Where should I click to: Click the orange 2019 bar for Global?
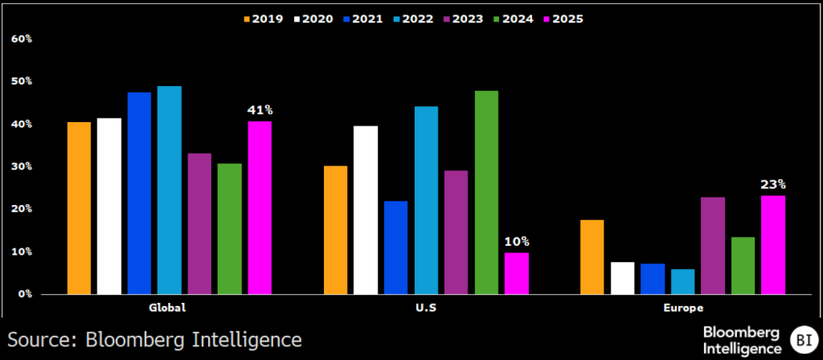click(79, 208)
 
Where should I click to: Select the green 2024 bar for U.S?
click(486, 192)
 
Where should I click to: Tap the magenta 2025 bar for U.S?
click(517, 273)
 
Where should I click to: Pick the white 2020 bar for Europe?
click(623, 278)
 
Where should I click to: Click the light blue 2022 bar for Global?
click(169, 190)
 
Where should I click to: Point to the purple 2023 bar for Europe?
click(713, 246)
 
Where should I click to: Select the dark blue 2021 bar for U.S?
click(395, 247)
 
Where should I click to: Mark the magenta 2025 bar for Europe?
click(773, 245)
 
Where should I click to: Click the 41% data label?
click(260, 110)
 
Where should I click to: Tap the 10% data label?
click(517, 242)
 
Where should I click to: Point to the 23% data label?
click(774, 185)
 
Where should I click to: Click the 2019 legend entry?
click(263, 19)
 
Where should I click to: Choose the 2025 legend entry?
click(563, 19)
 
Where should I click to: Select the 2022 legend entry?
click(413, 19)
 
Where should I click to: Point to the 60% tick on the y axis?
click(21, 39)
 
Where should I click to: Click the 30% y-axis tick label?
click(21, 166)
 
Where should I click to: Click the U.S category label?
click(426, 309)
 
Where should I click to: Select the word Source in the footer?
click(42, 339)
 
